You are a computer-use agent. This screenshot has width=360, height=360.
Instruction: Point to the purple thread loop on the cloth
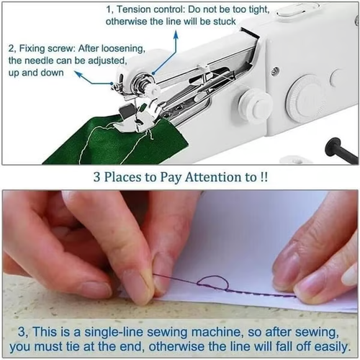(x=213, y=283)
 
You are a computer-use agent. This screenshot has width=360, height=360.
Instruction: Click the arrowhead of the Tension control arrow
(x=153, y=73)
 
